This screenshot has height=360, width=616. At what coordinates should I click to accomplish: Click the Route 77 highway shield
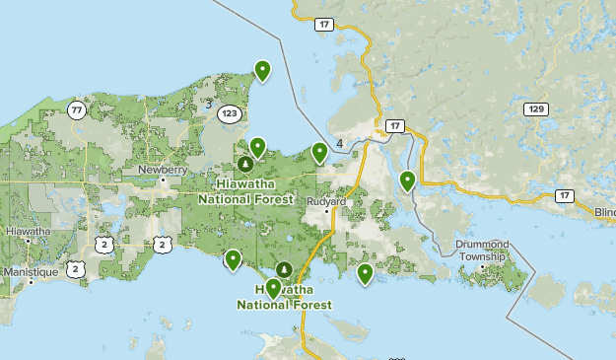77,110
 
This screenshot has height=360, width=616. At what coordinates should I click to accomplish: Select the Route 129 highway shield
535,108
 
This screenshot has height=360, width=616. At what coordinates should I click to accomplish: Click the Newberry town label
162,170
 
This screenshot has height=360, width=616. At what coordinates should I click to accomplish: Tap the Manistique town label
31,270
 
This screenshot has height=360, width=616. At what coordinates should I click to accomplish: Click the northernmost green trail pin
262,70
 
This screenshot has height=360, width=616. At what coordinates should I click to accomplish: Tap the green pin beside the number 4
319,152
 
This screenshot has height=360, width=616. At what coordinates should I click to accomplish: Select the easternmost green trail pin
407,180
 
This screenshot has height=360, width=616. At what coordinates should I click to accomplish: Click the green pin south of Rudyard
365,273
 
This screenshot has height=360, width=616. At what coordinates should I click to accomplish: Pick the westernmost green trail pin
233,259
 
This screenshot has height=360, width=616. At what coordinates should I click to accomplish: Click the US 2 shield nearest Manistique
76,268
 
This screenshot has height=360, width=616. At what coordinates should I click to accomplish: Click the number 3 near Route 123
209,103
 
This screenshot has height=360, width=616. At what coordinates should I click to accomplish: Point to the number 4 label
339,144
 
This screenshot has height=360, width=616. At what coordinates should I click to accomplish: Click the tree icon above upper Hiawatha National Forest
244,164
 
